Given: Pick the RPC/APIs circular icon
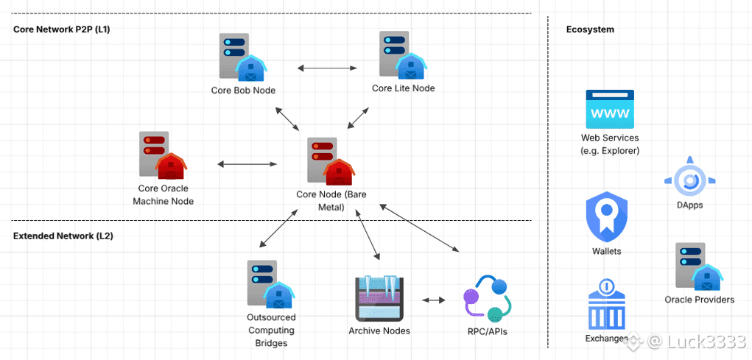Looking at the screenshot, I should pyautogui.click(x=487, y=298).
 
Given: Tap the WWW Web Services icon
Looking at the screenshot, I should pyautogui.click(x=609, y=110).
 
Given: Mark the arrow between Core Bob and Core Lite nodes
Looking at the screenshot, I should pyautogui.click(x=327, y=68).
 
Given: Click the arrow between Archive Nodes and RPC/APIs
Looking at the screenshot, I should pyautogui.click(x=434, y=300).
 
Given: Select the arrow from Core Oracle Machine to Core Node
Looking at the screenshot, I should pyautogui.click(x=247, y=164).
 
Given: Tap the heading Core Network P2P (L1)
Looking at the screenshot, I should pyautogui.click(x=61, y=29).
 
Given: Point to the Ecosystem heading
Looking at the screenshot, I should pyautogui.click(x=590, y=29).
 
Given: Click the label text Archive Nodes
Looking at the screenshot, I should pyautogui.click(x=379, y=331).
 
